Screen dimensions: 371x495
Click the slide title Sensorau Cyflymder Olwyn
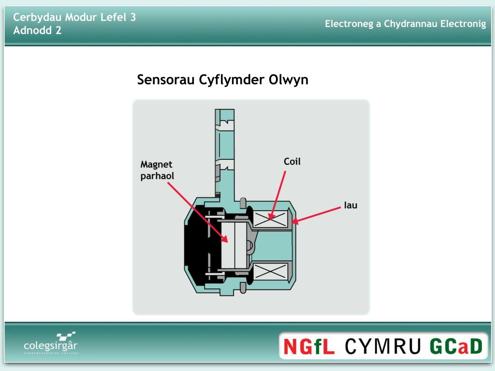[222, 80]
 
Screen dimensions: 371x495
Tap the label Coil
[292, 161]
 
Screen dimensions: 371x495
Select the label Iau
[350, 205]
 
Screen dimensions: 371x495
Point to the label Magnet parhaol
[157, 170]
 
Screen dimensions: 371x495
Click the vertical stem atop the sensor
[225, 150]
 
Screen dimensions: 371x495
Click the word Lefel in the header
[112, 17]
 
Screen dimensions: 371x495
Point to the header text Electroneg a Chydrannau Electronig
[405, 24]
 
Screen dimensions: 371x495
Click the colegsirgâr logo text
[50, 346]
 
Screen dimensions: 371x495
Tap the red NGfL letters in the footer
[310, 346]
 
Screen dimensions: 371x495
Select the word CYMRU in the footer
[385, 346]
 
